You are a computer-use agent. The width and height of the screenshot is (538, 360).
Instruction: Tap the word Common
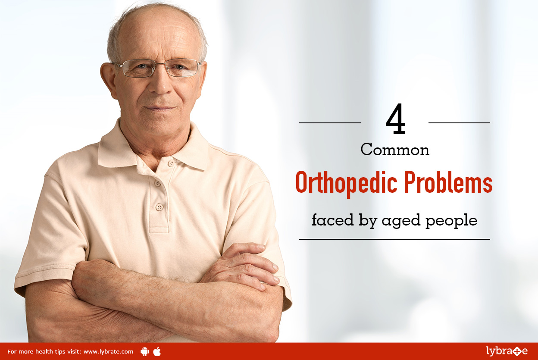coord(395,150)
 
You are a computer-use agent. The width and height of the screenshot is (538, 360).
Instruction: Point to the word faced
coord(332,220)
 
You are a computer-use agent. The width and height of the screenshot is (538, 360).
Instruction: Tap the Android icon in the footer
coord(145,351)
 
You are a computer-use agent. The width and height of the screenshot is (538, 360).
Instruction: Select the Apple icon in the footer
coord(157,351)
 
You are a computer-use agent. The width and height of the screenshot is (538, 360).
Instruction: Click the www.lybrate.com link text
coord(108,352)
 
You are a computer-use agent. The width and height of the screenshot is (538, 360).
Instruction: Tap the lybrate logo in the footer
coord(507,351)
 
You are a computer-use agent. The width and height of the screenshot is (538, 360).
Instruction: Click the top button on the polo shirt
coord(170,163)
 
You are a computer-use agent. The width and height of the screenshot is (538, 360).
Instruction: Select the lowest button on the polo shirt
coord(160,207)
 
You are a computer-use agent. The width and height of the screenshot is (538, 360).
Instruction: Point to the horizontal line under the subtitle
coord(394,239)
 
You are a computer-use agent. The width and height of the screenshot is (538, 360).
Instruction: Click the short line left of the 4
coord(330,123)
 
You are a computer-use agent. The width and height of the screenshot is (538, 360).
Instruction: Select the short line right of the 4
coord(459,123)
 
